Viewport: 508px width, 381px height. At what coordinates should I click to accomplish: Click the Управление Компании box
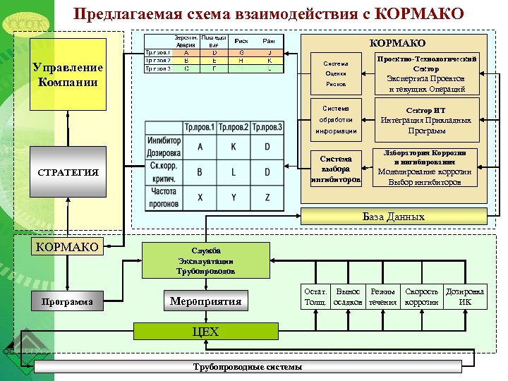(x=68, y=73)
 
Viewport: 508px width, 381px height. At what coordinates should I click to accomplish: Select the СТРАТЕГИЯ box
(x=68, y=172)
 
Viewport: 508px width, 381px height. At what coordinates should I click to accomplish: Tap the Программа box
(x=68, y=301)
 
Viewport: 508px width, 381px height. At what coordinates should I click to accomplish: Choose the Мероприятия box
(x=205, y=301)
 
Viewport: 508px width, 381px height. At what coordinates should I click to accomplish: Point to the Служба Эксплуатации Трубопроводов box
(x=206, y=261)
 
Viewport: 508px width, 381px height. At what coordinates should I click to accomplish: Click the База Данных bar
(x=393, y=217)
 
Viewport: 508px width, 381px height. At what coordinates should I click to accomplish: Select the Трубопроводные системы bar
(x=248, y=367)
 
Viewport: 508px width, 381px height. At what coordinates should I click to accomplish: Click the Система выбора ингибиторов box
(x=336, y=169)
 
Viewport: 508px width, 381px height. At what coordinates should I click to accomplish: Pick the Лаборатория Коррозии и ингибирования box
(x=425, y=167)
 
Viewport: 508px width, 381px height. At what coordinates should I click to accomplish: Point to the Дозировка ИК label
(x=466, y=297)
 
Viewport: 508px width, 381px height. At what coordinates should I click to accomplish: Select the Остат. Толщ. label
(x=313, y=297)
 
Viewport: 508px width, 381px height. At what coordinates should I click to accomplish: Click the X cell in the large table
(x=200, y=197)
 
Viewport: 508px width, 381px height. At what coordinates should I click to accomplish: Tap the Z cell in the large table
(x=267, y=197)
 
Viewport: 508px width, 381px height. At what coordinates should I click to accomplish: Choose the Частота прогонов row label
(x=164, y=198)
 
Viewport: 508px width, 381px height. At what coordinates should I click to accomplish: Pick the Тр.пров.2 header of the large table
(x=234, y=128)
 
